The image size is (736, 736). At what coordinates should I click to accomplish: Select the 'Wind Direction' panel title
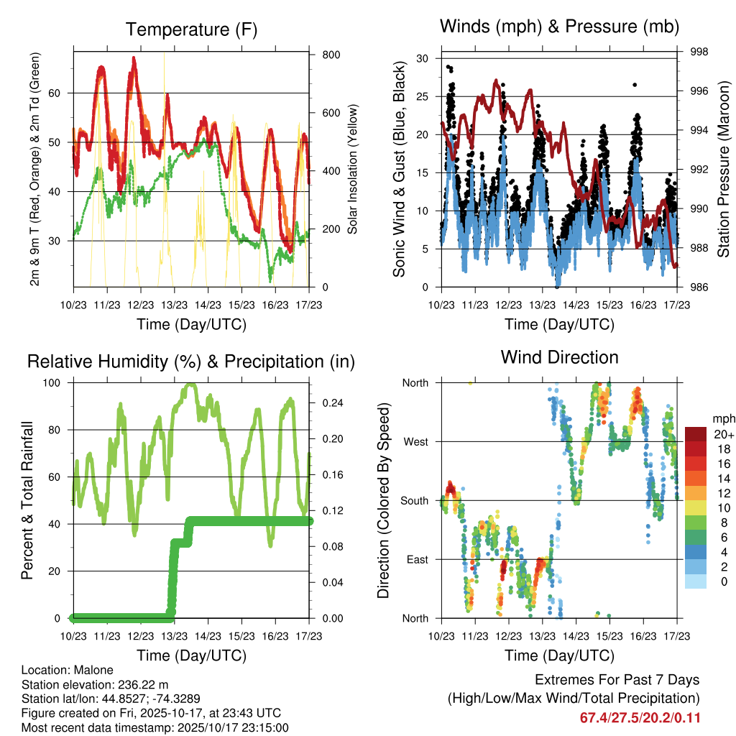point(559,356)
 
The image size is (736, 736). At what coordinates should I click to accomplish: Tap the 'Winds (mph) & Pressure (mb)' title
point(559,27)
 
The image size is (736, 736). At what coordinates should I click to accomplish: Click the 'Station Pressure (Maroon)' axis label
point(723,171)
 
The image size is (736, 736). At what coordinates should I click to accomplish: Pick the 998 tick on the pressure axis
point(699,52)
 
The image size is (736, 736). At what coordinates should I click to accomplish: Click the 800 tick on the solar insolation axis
point(331,55)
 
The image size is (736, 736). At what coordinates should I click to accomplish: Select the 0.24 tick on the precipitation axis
point(331,402)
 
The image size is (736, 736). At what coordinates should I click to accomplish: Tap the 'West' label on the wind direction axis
point(415,441)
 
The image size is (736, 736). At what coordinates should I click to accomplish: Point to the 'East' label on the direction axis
point(416,559)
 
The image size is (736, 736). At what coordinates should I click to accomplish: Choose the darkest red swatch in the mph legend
point(696,434)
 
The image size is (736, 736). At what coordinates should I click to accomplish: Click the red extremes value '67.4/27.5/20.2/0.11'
point(640,717)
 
